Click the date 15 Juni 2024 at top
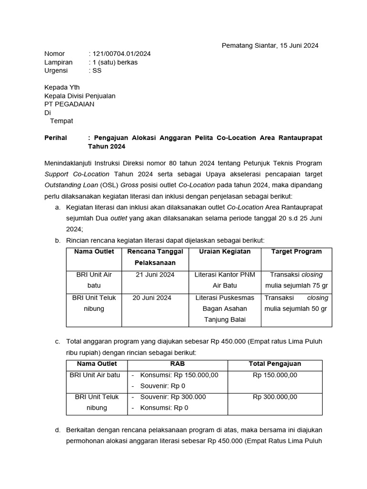(291, 45)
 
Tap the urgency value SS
(97, 71)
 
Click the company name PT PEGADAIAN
(69, 104)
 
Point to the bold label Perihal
(56, 138)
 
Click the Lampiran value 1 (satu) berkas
(115, 62)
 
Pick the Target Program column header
(296, 252)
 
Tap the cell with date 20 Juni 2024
(152, 298)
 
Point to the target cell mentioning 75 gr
(296, 280)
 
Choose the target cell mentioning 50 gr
(296, 303)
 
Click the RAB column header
(177, 364)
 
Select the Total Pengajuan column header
(275, 364)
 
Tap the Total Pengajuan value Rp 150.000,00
(275, 375)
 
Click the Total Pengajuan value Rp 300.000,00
(275, 397)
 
